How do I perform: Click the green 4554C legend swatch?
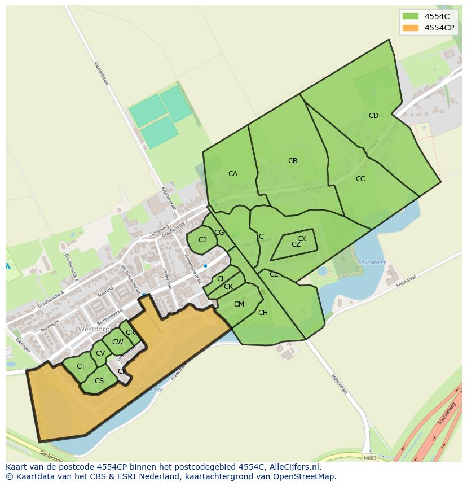point(410,16)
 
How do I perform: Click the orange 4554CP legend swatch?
point(410,28)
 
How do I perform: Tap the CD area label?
point(373,116)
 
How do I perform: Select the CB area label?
point(293,161)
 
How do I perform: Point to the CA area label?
point(233,174)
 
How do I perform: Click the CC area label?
point(360,179)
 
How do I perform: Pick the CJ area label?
point(202,240)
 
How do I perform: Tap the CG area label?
point(219,233)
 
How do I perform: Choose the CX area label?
point(302,239)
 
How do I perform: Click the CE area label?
point(274,274)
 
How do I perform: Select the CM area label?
point(239,304)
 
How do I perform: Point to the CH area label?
point(263,313)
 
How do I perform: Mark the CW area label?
point(117,342)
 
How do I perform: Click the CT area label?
point(81,366)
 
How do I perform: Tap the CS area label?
point(99,381)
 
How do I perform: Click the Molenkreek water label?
point(372,262)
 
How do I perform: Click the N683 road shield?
point(370,458)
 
